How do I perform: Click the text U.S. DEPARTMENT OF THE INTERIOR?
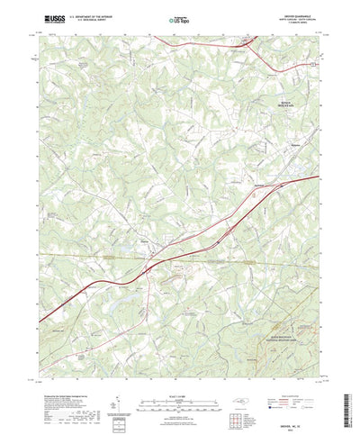98,15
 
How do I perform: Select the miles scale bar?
179,388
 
